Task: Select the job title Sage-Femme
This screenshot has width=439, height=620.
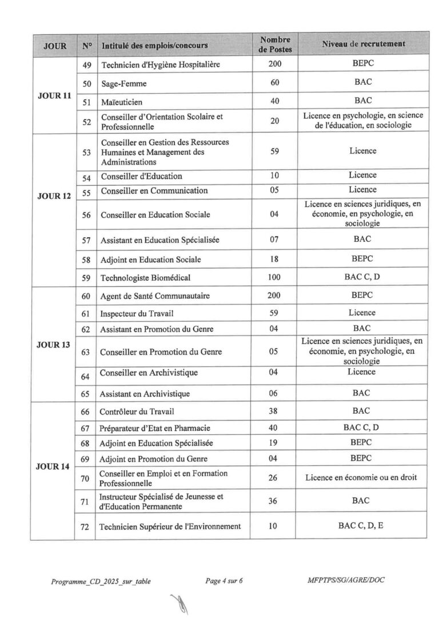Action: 123,83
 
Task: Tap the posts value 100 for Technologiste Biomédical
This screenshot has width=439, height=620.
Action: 274,278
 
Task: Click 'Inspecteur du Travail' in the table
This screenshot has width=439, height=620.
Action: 137,314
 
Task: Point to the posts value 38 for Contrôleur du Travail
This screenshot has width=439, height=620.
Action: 274,411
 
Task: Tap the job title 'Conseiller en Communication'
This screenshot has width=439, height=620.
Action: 154,190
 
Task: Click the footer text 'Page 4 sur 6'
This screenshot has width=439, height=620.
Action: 224,581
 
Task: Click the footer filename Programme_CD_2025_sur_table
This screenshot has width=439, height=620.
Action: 101,582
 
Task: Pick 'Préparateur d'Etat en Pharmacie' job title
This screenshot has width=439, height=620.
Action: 155,429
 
